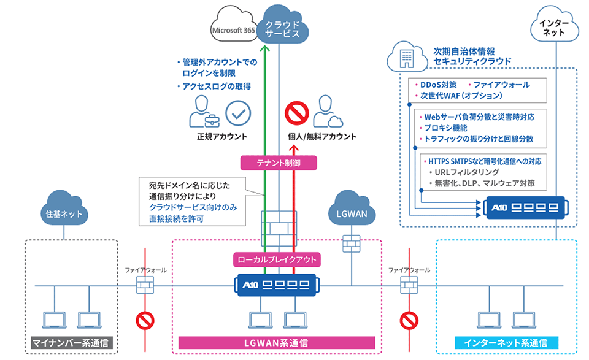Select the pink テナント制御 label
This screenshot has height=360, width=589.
point(279,163)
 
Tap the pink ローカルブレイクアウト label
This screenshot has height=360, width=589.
point(279,259)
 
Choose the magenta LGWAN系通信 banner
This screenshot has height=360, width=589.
point(277,342)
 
